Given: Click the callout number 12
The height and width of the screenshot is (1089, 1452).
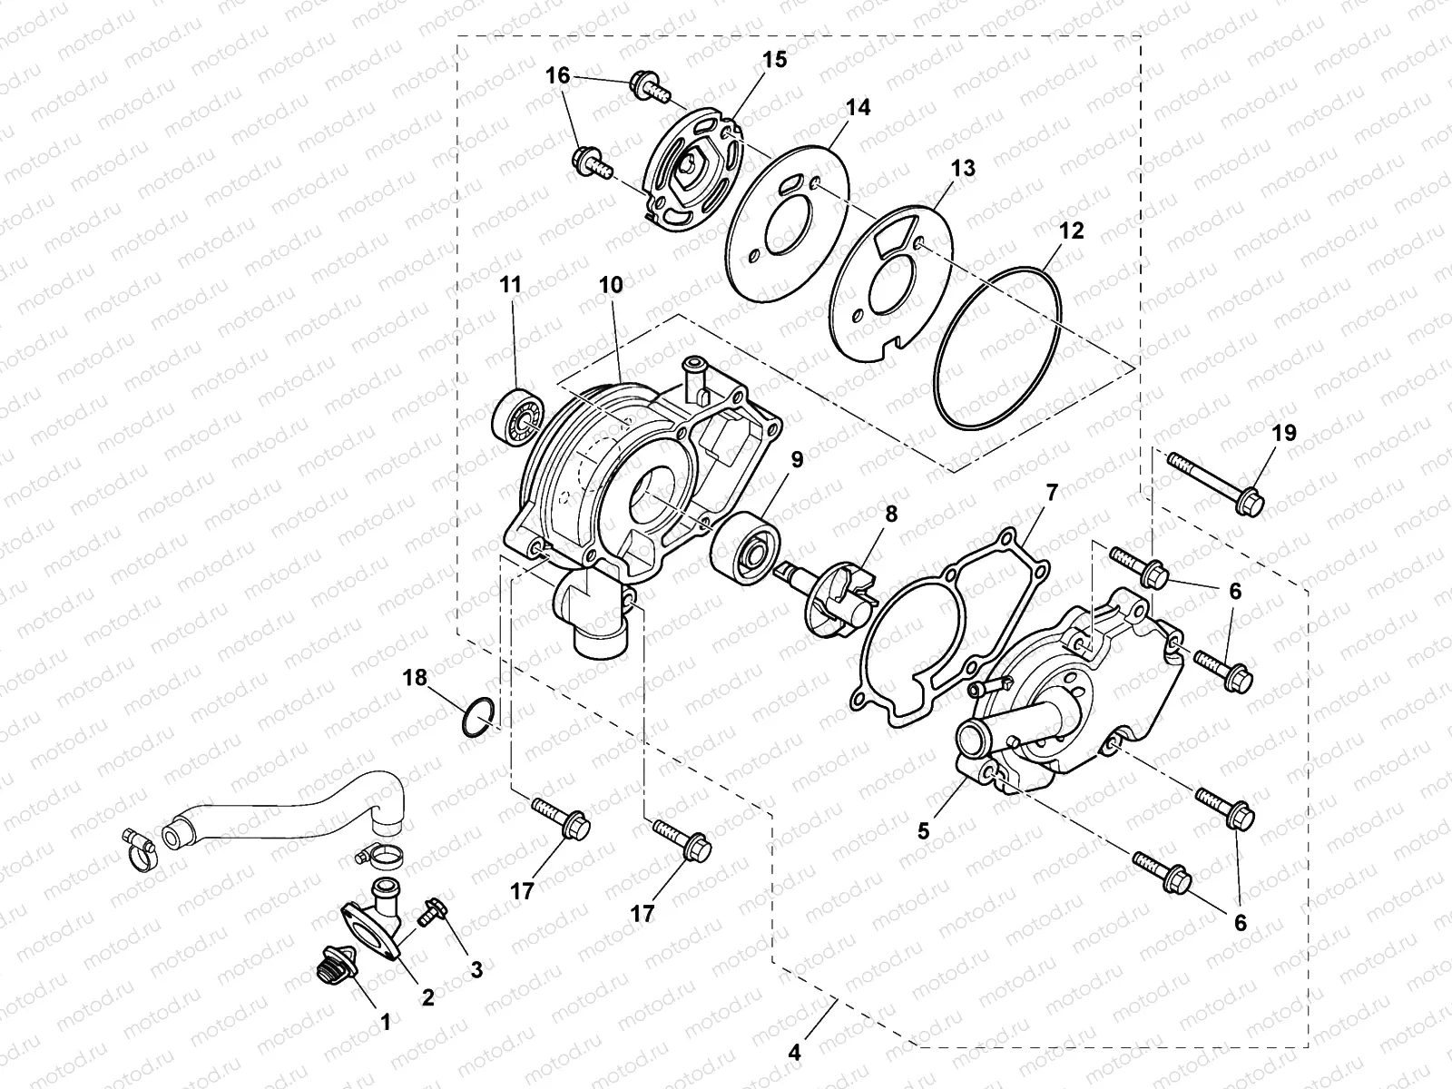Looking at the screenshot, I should (1071, 231).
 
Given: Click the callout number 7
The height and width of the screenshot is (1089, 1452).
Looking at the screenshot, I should (1052, 494).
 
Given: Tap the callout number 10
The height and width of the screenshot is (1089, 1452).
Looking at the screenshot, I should (611, 285).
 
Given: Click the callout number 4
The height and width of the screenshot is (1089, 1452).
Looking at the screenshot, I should (795, 1053).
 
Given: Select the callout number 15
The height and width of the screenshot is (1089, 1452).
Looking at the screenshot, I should (774, 60).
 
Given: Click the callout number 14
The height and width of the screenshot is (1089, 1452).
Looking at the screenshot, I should (858, 107).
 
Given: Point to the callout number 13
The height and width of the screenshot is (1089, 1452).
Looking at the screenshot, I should (962, 168).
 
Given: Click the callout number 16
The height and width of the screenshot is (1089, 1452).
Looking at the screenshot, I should (557, 76).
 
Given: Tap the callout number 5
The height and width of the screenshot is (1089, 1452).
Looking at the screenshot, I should (923, 829).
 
